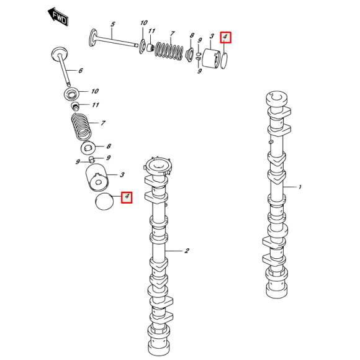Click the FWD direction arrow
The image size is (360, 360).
click(x=58, y=17)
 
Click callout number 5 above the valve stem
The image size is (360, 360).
click(x=113, y=24)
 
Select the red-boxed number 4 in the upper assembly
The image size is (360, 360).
click(x=226, y=37)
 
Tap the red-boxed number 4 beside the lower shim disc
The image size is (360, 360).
click(x=127, y=197)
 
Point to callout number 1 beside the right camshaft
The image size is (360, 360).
click(x=300, y=187)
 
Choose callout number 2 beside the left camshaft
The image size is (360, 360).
click(x=187, y=251)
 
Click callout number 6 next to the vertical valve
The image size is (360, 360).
click(x=80, y=71)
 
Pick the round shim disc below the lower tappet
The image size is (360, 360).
click(x=104, y=202)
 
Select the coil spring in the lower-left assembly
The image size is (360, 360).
click(x=81, y=127)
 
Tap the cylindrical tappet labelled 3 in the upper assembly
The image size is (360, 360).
click(x=211, y=58)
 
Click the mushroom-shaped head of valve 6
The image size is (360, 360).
click(x=59, y=54)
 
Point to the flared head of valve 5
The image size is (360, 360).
click(x=93, y=38)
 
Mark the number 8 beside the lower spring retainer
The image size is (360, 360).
click(x=109, y=146)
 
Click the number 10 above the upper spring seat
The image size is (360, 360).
click(x=144, y=23)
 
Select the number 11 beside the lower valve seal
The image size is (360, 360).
click(x=96, y=105)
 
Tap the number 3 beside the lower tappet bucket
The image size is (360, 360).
click(x=122, y=175)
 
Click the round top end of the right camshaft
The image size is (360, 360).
click(x=276, y=98)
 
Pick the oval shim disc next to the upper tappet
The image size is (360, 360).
click(x=224, y=60)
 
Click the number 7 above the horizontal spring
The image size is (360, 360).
click(x=173, y=34)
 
